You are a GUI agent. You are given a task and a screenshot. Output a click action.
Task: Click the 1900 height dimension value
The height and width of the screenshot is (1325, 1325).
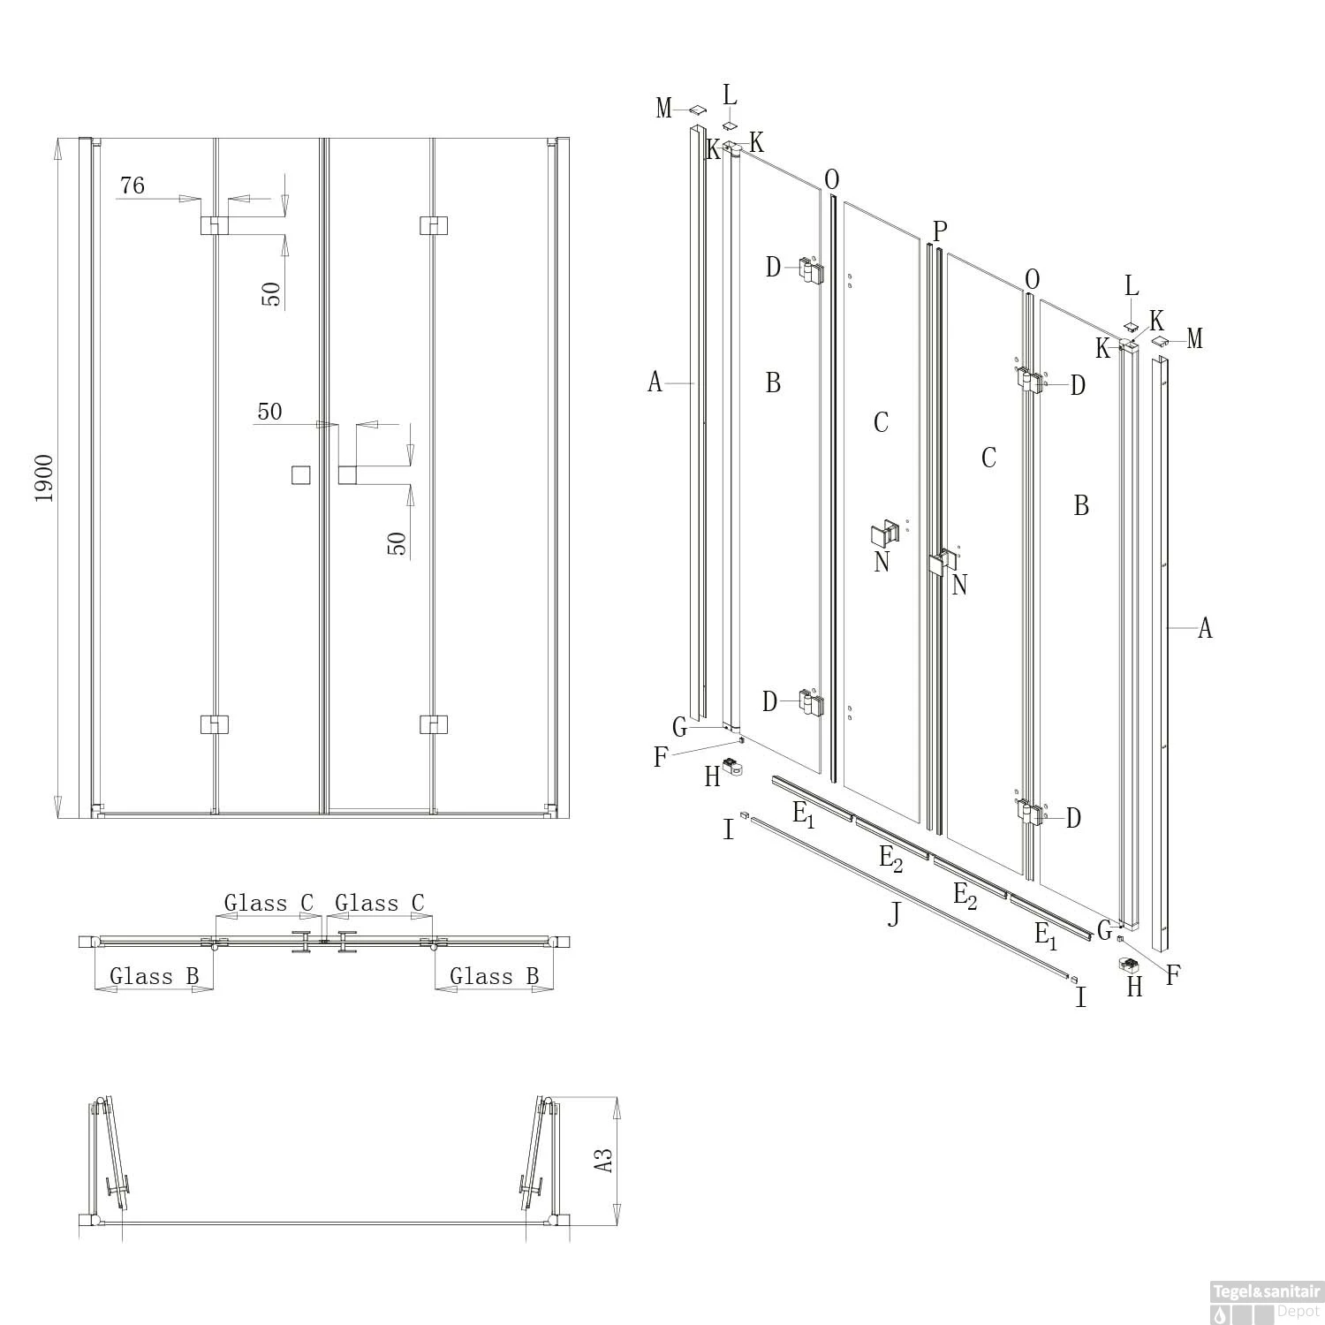pos(44,478)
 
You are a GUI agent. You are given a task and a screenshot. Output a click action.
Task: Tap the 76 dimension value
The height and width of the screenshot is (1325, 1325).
pos(132,185)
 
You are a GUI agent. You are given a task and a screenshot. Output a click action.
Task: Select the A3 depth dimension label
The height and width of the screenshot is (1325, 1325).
pos(603,1159)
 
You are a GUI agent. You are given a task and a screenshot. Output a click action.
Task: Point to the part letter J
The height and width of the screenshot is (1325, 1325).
pos(895,914)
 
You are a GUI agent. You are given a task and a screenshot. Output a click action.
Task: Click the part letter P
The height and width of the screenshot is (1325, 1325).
pos(940,231)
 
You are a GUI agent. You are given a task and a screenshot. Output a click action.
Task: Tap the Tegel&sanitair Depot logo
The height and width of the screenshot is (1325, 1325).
pos(1265,1302)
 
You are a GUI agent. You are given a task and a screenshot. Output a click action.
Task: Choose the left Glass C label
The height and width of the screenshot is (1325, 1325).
pos(269,903)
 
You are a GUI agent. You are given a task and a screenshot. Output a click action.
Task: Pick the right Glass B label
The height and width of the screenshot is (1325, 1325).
pos(495,976)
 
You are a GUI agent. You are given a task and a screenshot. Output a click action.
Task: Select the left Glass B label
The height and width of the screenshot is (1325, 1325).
pos(154,976)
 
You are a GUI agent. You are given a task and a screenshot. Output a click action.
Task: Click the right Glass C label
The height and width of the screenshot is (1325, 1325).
pos(380,903)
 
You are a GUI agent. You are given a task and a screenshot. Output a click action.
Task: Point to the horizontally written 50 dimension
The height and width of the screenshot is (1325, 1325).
pos(270,412)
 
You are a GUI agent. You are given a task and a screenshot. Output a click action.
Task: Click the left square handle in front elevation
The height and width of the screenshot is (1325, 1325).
pos(301,475)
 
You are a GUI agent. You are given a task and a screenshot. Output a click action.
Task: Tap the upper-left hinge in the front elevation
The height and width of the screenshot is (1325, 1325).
pos(215,225)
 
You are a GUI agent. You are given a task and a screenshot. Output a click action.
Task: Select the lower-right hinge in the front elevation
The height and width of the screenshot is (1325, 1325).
pos(433,724)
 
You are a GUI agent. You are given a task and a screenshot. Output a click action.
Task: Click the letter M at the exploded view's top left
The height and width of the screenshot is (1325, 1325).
pos(664,109)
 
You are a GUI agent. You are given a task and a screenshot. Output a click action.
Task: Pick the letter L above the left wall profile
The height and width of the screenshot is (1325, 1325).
pos(730,95)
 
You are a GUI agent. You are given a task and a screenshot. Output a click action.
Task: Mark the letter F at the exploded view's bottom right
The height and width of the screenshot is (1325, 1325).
pos(1173,975)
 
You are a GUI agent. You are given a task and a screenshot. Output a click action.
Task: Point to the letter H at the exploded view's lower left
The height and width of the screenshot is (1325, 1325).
pos(713,776)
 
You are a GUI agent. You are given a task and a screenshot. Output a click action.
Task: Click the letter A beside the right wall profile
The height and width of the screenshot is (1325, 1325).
pos(1205,628)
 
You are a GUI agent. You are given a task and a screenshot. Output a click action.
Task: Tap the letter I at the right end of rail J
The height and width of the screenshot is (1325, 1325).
pos(1081,998)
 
